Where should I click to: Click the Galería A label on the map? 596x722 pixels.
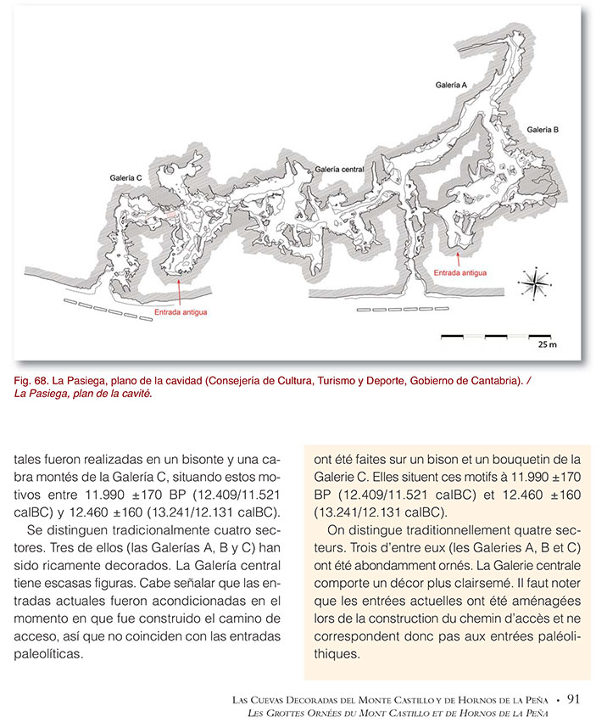pos(451,86)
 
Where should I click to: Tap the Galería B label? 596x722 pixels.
pos(542,130)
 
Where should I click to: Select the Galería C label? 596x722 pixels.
pos(126,178)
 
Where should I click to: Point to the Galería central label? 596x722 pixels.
pos(339,170)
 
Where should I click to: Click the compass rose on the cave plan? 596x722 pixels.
pos(534,284)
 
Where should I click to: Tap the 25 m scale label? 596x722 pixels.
pos(547,345)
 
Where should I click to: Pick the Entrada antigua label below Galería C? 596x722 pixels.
pos(181,311)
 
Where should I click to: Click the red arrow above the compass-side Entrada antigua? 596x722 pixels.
pos(459,257)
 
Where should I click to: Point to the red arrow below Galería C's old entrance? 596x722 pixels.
pos(180,293)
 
